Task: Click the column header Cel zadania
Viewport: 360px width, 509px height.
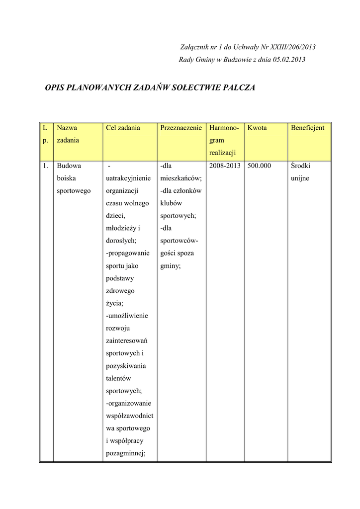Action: tap(123, 128)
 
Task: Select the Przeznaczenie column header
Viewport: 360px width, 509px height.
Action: tap(181, 128)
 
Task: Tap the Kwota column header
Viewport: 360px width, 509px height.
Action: tap(257, 128)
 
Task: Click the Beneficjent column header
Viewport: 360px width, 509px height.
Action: tap(307, 128)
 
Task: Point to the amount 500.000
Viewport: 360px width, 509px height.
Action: tap(259, 166)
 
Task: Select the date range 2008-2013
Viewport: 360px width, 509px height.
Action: tap(225, 166)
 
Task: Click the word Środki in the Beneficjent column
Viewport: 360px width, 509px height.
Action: tap(300, 166)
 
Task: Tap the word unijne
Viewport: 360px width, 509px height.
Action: tap(300, 178)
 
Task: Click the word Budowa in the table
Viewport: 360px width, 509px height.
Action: tap(69, 166)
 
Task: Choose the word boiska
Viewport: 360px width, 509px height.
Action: tap(66, 178)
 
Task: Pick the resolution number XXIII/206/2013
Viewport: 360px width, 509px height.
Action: tap(293, 47)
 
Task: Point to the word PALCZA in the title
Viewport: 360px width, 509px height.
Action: tap(239, 88)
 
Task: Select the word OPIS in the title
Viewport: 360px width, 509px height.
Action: tap(55, 88)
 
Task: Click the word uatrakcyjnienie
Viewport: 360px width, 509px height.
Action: tap(128, 178)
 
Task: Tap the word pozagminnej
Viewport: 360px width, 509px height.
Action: tap(125, 453)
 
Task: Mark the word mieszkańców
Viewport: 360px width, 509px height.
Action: tap(180, 178)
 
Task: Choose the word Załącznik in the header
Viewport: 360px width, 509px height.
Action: tap(195, 47)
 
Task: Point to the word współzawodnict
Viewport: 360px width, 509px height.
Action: tap(129, 416)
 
